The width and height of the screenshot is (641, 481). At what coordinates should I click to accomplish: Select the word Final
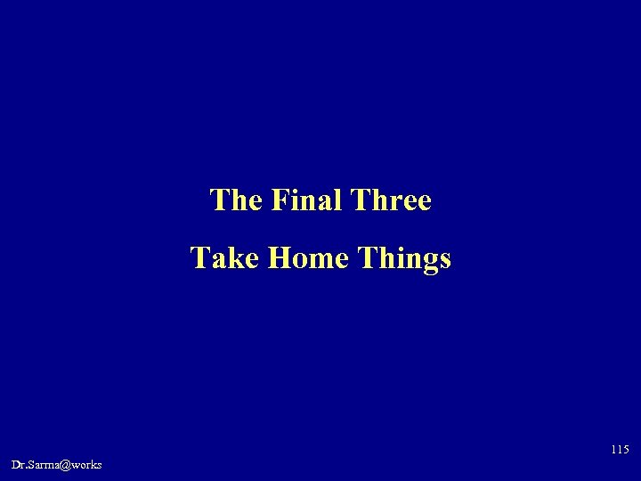click(304, 200)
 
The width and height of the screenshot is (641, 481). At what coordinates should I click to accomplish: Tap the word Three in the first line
click(392, 200)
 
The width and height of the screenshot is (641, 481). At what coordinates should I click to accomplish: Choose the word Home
click(296, 258)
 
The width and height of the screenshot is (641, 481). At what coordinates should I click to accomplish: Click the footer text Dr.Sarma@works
click(57, 465)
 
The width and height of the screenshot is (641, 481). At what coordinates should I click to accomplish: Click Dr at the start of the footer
click(19, 465)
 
